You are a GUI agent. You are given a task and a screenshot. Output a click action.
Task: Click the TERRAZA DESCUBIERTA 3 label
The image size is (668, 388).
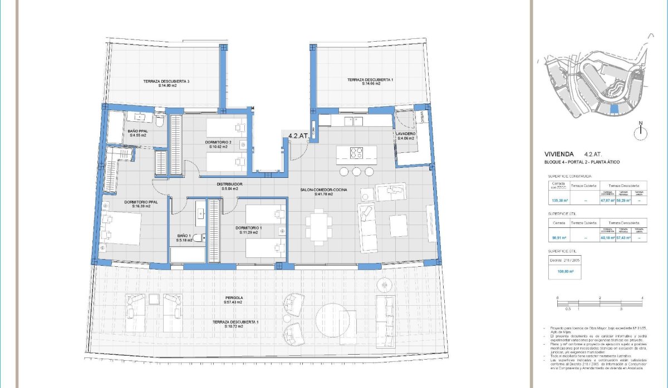[x=166, y=82]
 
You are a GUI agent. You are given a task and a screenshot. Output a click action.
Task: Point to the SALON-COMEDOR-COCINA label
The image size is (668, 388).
[x=324, y=191]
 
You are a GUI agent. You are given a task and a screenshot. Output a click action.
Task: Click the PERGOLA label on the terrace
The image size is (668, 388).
[x=234, y=299]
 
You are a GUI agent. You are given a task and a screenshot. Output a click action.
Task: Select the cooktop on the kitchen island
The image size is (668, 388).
[x=356, y=152]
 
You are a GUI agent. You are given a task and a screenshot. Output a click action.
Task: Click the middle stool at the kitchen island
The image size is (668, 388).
[x=356, y=171]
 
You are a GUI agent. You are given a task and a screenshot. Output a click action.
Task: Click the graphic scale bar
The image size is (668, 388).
[x=600, y=302]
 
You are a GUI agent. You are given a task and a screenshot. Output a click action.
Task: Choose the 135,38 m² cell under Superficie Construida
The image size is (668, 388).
[x=559, y=202]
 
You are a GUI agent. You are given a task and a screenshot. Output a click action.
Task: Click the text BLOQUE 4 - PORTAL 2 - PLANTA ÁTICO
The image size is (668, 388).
[x=582, y=162]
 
